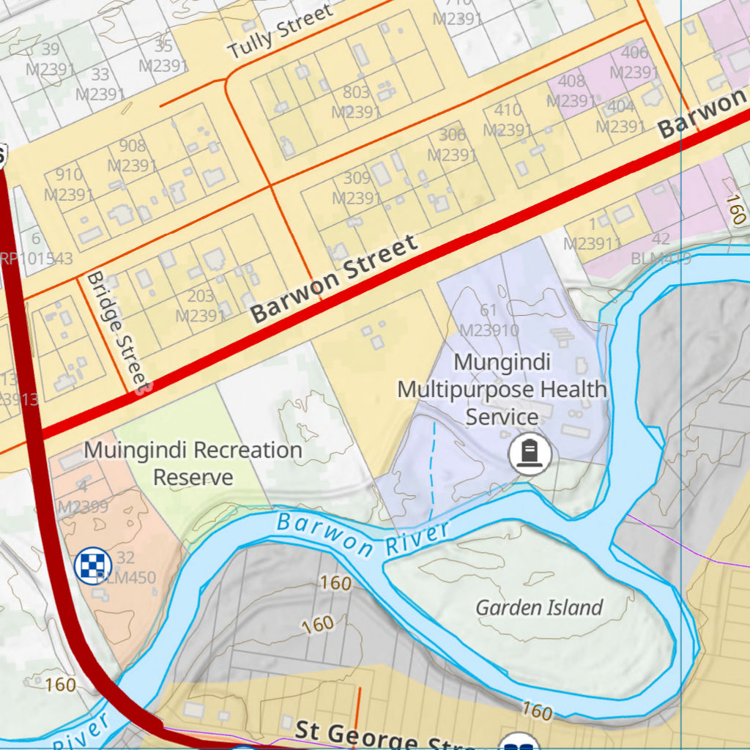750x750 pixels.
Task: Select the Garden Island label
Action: [x=539, y=607]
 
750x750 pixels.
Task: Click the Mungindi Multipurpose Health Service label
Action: [x=502, y=389]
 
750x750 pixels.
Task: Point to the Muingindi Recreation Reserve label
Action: [x=193, y=463]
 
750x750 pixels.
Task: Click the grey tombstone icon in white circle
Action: [x=530, y=454]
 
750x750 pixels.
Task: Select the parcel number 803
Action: [x=356, y=93]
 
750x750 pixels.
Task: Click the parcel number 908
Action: [x=132, y=146]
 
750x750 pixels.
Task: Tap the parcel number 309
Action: [x=357, y=179]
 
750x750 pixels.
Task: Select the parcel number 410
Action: [x=508, y=111]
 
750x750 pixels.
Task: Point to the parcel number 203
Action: [x=201, y=297]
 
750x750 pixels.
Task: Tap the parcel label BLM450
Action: [x=126, y=578]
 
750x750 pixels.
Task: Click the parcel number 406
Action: [x=634, y=53]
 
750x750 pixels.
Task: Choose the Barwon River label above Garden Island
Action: [x=363, y=536]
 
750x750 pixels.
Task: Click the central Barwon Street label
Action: [x=334, y=279]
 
